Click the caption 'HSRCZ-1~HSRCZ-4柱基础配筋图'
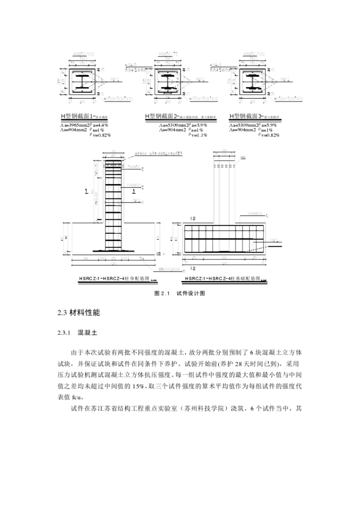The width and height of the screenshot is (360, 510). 222,279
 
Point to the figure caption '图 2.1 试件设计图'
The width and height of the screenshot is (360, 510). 180,293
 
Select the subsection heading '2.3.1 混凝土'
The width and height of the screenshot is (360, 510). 77,333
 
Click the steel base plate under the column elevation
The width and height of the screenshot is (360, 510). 113,250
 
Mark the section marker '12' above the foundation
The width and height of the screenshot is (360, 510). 193,219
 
